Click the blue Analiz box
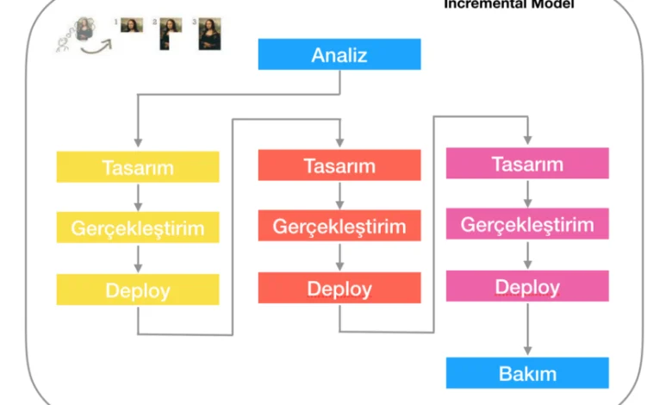click(x=339, y=55)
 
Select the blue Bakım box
click(x=527, y=373)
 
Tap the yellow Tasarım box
click(x=138, y=167)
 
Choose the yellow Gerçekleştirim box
click(x=138, y=227)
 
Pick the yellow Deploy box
click(x=138, y=290)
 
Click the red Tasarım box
click(x=339, y=165)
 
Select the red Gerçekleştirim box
click(x=339, y=227)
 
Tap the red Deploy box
click(x=339, y=288)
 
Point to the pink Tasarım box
click(x=527, y=164)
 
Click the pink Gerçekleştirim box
click(x=527, y=225)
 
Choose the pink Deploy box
click(x=527, y=286)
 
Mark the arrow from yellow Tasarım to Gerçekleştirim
click(x=138, y=197)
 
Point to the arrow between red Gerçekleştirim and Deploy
click(x=339, y=257)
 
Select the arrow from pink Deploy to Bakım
click(x=527, y=329)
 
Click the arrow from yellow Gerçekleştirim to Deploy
click(x=138, y=259)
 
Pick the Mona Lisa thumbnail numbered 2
click(x=170, y=32)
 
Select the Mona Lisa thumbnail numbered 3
click(x=209, y=34)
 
